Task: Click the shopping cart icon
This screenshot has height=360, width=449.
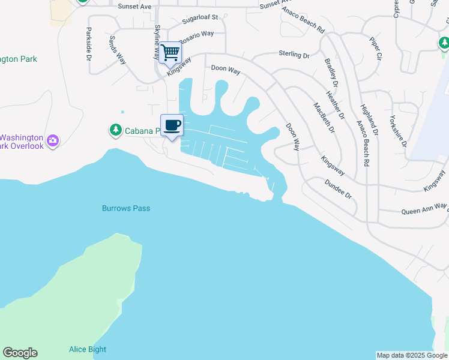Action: (170, 52)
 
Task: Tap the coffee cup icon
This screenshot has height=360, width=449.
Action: (172, 125)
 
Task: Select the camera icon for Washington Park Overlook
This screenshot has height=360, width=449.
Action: (53, 140)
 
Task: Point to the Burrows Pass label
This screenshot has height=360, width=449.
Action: (125, 208)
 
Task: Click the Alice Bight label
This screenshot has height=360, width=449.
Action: (88, 349)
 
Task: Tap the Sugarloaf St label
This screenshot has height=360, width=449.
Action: (192, 19)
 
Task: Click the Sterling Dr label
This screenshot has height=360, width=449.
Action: (294, 55)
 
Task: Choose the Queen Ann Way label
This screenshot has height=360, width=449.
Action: (424, 209)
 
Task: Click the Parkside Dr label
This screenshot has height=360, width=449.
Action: (88, 44)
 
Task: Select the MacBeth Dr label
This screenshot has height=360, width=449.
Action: (321, 118)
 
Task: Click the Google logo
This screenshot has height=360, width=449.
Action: (20, 353)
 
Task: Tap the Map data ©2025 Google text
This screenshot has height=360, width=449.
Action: (412, 355)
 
